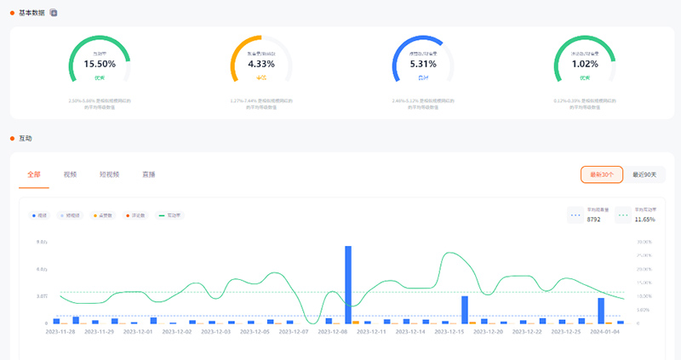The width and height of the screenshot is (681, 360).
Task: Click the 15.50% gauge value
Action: click(x=100, y=64)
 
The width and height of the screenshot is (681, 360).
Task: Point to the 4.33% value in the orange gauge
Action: click(x=261, y=64)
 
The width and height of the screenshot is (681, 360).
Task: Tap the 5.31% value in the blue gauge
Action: click(x=423, y=64)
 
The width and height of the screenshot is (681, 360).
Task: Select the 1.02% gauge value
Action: click(x=585, y=64)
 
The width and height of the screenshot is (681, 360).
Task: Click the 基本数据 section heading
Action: click(x=32, y=13)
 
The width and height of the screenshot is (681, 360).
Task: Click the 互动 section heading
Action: click(x=25, y=138)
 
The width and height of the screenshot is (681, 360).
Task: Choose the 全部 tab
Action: click(x=34, y=174)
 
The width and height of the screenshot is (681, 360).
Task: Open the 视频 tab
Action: click(x=70, y=174)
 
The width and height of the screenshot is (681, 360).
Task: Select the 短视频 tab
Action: click(x=109, y=174)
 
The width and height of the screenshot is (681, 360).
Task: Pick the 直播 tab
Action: click(x=148, y=174)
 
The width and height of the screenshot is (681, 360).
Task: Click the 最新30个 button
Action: click(x=602, y=174)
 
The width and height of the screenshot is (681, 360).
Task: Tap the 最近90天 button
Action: click(x=645, y=174)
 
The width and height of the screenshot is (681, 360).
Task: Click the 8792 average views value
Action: click(x=594, y=220)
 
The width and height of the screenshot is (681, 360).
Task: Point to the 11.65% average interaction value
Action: click(x=646, y=220)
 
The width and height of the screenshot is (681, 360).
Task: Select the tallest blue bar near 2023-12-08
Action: click(x=348, y=285)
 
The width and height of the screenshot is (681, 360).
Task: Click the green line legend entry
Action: click(x=170, y=215)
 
